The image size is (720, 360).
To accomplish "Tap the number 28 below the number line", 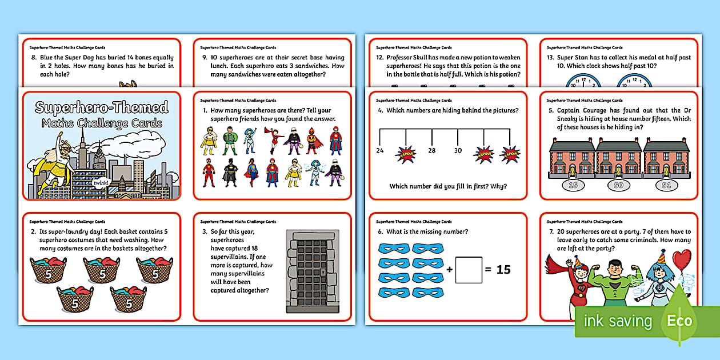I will click(431, 151).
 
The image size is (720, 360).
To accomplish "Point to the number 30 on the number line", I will click(458, 151).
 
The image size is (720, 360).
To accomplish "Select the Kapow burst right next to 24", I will click(406, 155).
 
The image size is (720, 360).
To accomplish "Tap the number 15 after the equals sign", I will click(503, 270).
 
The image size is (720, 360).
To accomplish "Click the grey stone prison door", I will click(312, 271).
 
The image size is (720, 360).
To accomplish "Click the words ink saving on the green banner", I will click(617, 321).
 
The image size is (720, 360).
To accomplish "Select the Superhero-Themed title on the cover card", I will click(102, 107).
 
